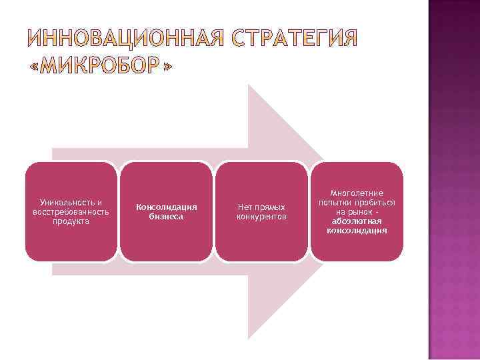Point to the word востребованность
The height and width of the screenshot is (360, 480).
tap(71, 211)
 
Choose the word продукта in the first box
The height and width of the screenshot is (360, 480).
tap(71, 221)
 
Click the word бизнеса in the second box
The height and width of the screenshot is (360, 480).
tap(167, 217)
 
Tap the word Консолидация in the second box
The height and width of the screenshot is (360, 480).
tap(167, 207)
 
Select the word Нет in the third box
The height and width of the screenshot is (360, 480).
tap(244, 207)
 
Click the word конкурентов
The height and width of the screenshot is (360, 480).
tap(262, 217)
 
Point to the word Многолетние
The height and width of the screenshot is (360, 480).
tap(357, 193)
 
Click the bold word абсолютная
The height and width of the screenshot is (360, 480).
tap(357, 221)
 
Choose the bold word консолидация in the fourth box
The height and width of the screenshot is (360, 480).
tap(357, 231)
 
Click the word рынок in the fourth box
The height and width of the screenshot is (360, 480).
tap(361, 212)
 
